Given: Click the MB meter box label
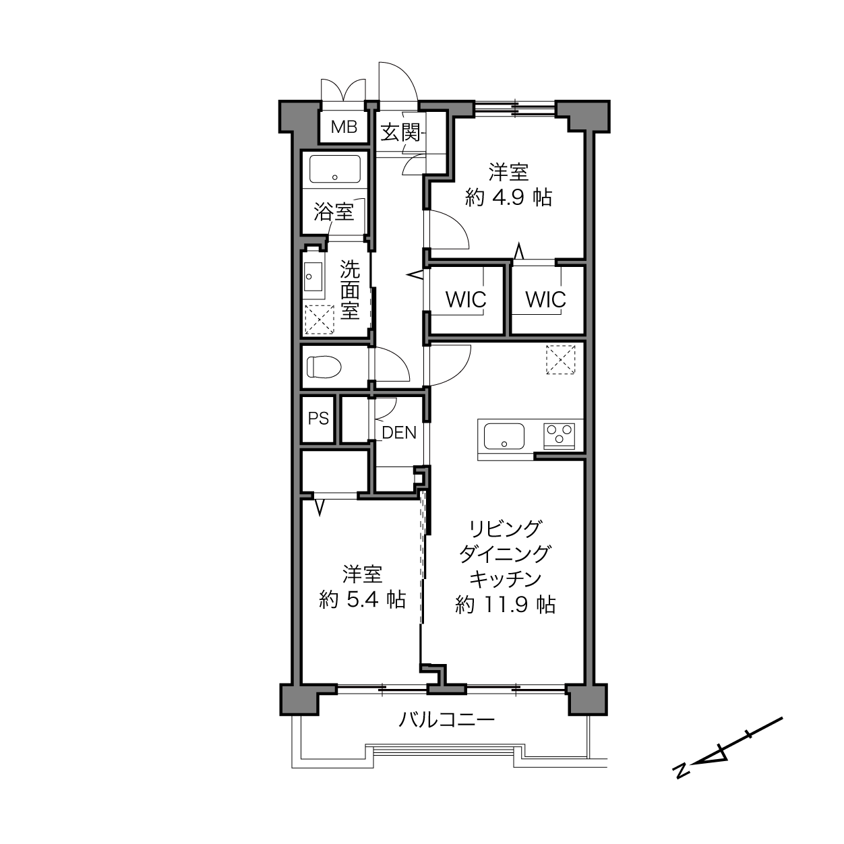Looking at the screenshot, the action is tap(344, 127).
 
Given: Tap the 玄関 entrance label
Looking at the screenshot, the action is tap(400, 132).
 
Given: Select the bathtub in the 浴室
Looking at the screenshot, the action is tap(335, 169).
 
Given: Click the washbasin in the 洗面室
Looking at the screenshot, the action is tap(313, 277).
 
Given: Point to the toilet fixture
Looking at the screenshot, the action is tap(324, 367).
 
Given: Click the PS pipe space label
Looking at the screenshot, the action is tap(318, 419).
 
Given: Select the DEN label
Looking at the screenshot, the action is tap(399, 433).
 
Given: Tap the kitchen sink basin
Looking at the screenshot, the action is tap(504, 436).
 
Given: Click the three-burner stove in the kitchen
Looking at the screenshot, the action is tap(560, 435).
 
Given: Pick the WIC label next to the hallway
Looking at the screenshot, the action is tap(466, 300).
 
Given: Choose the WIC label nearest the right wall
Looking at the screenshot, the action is tap(546, 300).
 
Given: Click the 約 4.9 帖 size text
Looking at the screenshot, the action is tap(508, 198).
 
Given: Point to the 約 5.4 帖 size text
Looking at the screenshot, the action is tap(363, 599).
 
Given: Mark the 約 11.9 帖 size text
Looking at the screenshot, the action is tap(506, 605).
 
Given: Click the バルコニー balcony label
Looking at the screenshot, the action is tap(447, 719).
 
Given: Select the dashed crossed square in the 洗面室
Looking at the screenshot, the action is tap(320, 320).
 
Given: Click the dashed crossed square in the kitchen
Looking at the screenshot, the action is tap(561, 360).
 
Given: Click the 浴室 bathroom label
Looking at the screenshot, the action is tap(334, 213).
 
